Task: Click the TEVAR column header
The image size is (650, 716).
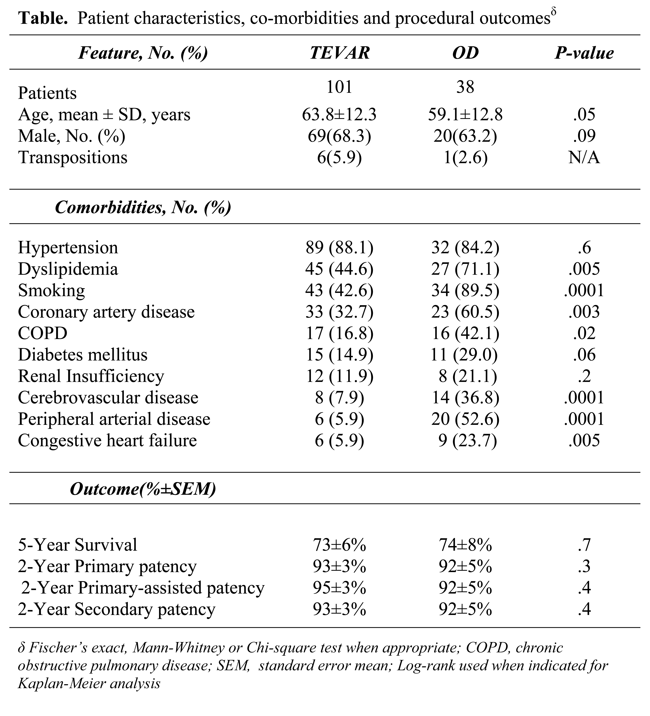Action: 340,53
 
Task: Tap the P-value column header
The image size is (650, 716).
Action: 584,53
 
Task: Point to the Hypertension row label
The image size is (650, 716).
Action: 68,248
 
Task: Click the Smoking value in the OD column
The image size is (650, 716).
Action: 465,291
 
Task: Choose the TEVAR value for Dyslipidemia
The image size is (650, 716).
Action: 339,269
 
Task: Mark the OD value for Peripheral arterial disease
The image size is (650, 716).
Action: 465,419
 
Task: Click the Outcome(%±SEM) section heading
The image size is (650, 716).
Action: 143,489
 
